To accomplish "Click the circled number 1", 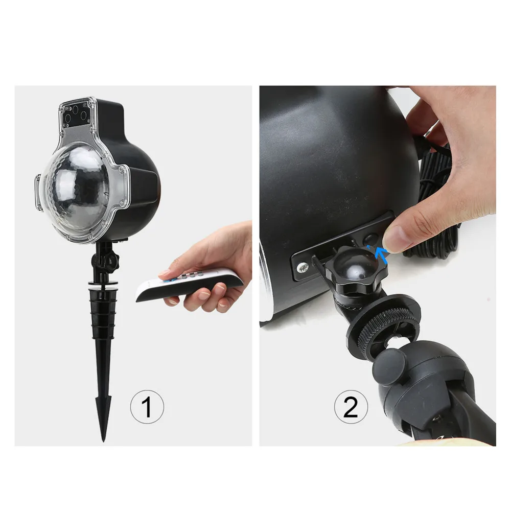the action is [x=147, y=407].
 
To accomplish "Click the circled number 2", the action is [x=351, y=407].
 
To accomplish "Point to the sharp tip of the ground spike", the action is [x=103, y=440].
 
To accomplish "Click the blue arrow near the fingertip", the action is [x=381, y=254].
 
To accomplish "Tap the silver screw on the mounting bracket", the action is [x=303, y=268].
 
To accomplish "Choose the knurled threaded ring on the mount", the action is [x=387, y=329].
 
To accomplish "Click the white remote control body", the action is [x=189, y=283].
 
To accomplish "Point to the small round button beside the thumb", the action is [x=371, y=238].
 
